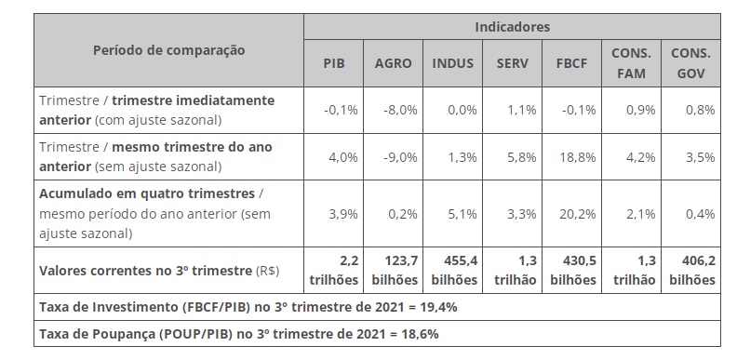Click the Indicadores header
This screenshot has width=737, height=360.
click(512, 27)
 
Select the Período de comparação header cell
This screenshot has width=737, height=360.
click(168, 50)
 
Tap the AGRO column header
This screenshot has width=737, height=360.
click(393, 63)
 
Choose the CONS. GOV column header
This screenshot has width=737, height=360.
click(690, 63)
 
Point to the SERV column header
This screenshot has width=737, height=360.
click(513, 63)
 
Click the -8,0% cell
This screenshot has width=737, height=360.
click(400, 110)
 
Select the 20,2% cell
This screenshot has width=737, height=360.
click(578, 214)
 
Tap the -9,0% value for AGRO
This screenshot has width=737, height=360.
click(400, 157)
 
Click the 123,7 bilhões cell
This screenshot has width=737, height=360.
click(395, 271)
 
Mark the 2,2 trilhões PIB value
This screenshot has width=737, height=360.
click(334, 271)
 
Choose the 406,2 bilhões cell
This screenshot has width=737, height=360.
click(692, 271)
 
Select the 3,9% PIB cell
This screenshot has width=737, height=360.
click(343, 214)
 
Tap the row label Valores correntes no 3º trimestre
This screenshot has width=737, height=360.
click(146, 272)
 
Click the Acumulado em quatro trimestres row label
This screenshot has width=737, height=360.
click(147, 193)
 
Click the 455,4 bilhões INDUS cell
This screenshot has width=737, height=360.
click(454, 271)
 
